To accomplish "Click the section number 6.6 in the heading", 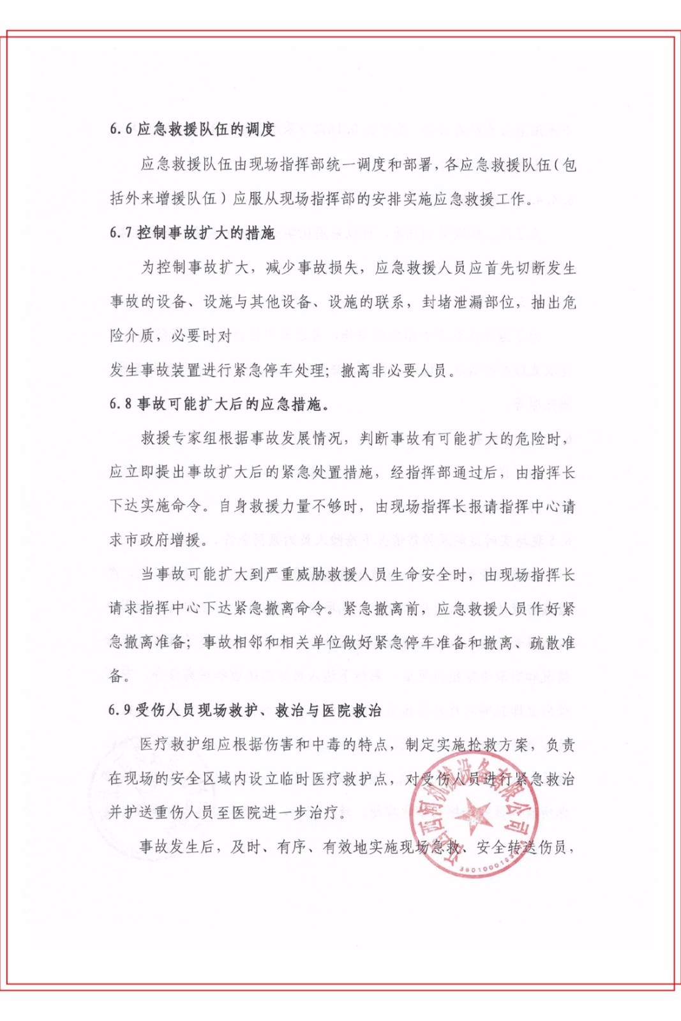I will point(121,130).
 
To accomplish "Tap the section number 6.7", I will point(121,233).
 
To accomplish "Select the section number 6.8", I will point(121,404).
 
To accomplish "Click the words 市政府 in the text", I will point(148,540).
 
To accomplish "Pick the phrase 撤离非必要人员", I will point(394,370).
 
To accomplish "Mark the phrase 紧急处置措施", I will point(335,473).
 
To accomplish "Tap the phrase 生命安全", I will point(421,575).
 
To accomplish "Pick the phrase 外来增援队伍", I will point(171,199).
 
